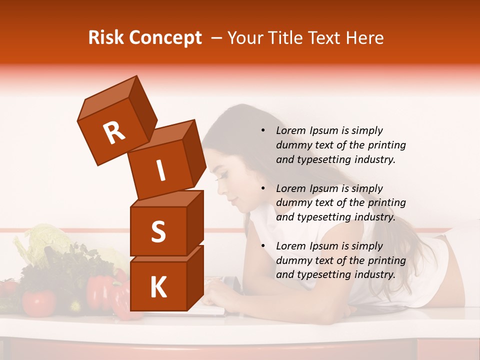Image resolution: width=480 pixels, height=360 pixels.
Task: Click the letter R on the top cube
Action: (114, 133)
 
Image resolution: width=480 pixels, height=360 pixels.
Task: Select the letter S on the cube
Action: (158, 231)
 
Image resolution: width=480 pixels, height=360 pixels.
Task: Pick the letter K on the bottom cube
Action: (158, 287)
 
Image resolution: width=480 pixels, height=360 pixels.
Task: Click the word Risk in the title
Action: (105, 37)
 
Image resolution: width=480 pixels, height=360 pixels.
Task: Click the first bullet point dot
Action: (263, 131)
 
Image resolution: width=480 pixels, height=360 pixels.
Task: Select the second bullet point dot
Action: (263, 189)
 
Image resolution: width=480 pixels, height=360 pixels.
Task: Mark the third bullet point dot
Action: (263, 246)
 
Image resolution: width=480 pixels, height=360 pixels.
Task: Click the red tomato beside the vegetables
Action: (38, 303)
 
